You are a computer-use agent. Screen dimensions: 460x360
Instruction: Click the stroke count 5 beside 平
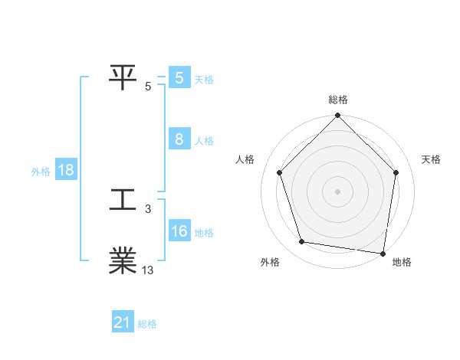[148, 87]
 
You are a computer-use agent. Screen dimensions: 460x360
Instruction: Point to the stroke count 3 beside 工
[148, 208]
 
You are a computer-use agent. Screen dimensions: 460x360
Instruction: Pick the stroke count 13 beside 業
[148, 270]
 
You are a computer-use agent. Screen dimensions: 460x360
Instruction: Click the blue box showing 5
[179, 78]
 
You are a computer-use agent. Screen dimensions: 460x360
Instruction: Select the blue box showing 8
[179, 139]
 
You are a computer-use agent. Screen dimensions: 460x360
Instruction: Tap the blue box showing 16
[179, 231]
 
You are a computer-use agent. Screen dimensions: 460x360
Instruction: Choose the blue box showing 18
[66, 171]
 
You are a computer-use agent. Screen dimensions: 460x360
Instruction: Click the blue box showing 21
[123, 322]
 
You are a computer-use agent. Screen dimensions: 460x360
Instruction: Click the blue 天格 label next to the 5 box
[204, 79]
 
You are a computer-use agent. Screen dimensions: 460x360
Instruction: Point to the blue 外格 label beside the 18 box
[41, 172]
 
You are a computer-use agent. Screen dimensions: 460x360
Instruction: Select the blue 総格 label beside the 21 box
[147, 324]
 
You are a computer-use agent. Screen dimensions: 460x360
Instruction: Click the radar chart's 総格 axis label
[338, 100]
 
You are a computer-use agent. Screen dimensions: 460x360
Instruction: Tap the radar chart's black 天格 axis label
[432, 159]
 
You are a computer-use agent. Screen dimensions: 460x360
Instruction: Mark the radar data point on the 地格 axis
[382, 252]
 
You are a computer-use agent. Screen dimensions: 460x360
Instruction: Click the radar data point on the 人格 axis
[280, 172]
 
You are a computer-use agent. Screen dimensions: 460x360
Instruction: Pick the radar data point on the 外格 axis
[302, 242]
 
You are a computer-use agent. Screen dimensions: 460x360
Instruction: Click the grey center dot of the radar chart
[338, 191]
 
